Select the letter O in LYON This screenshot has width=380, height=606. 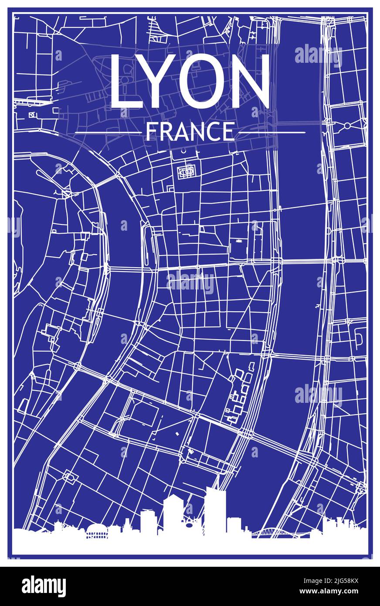204,82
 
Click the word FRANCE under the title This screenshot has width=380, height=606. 190,132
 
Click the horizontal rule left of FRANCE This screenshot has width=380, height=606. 108,132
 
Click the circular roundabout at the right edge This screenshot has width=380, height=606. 347,126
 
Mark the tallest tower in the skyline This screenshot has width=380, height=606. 215,510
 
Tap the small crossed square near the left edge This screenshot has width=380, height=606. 31,115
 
